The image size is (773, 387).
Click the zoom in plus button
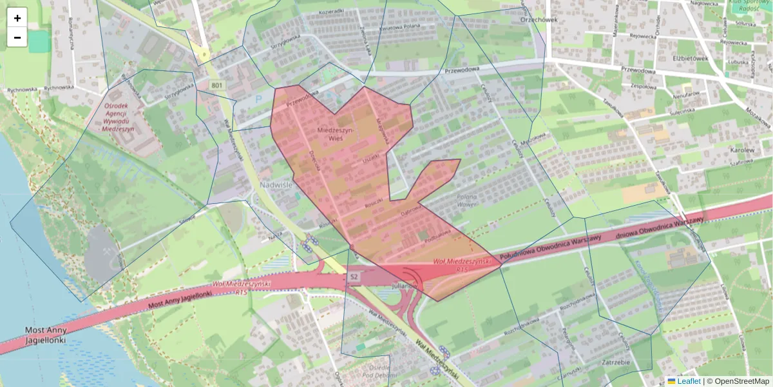click(17, 18)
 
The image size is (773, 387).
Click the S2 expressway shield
click(353, 277)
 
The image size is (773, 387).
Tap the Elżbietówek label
click(691, 58)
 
